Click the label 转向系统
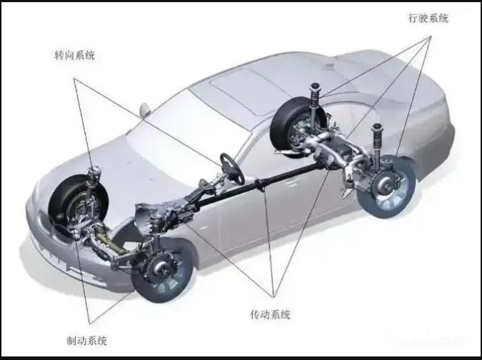tap(75, 55)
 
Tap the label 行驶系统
tap(428, 18)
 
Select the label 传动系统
tap(270, 314)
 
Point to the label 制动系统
tap(87, 341)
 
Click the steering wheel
tap(232, 169)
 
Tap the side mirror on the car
tap(145, 110)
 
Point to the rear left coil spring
tap(315, 95)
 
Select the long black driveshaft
tap(258, 184)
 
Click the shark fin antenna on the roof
tap(329, 66)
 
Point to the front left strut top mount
tap(94, 174)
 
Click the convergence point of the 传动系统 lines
tap(273, 296)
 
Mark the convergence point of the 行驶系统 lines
tap(431, 36)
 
